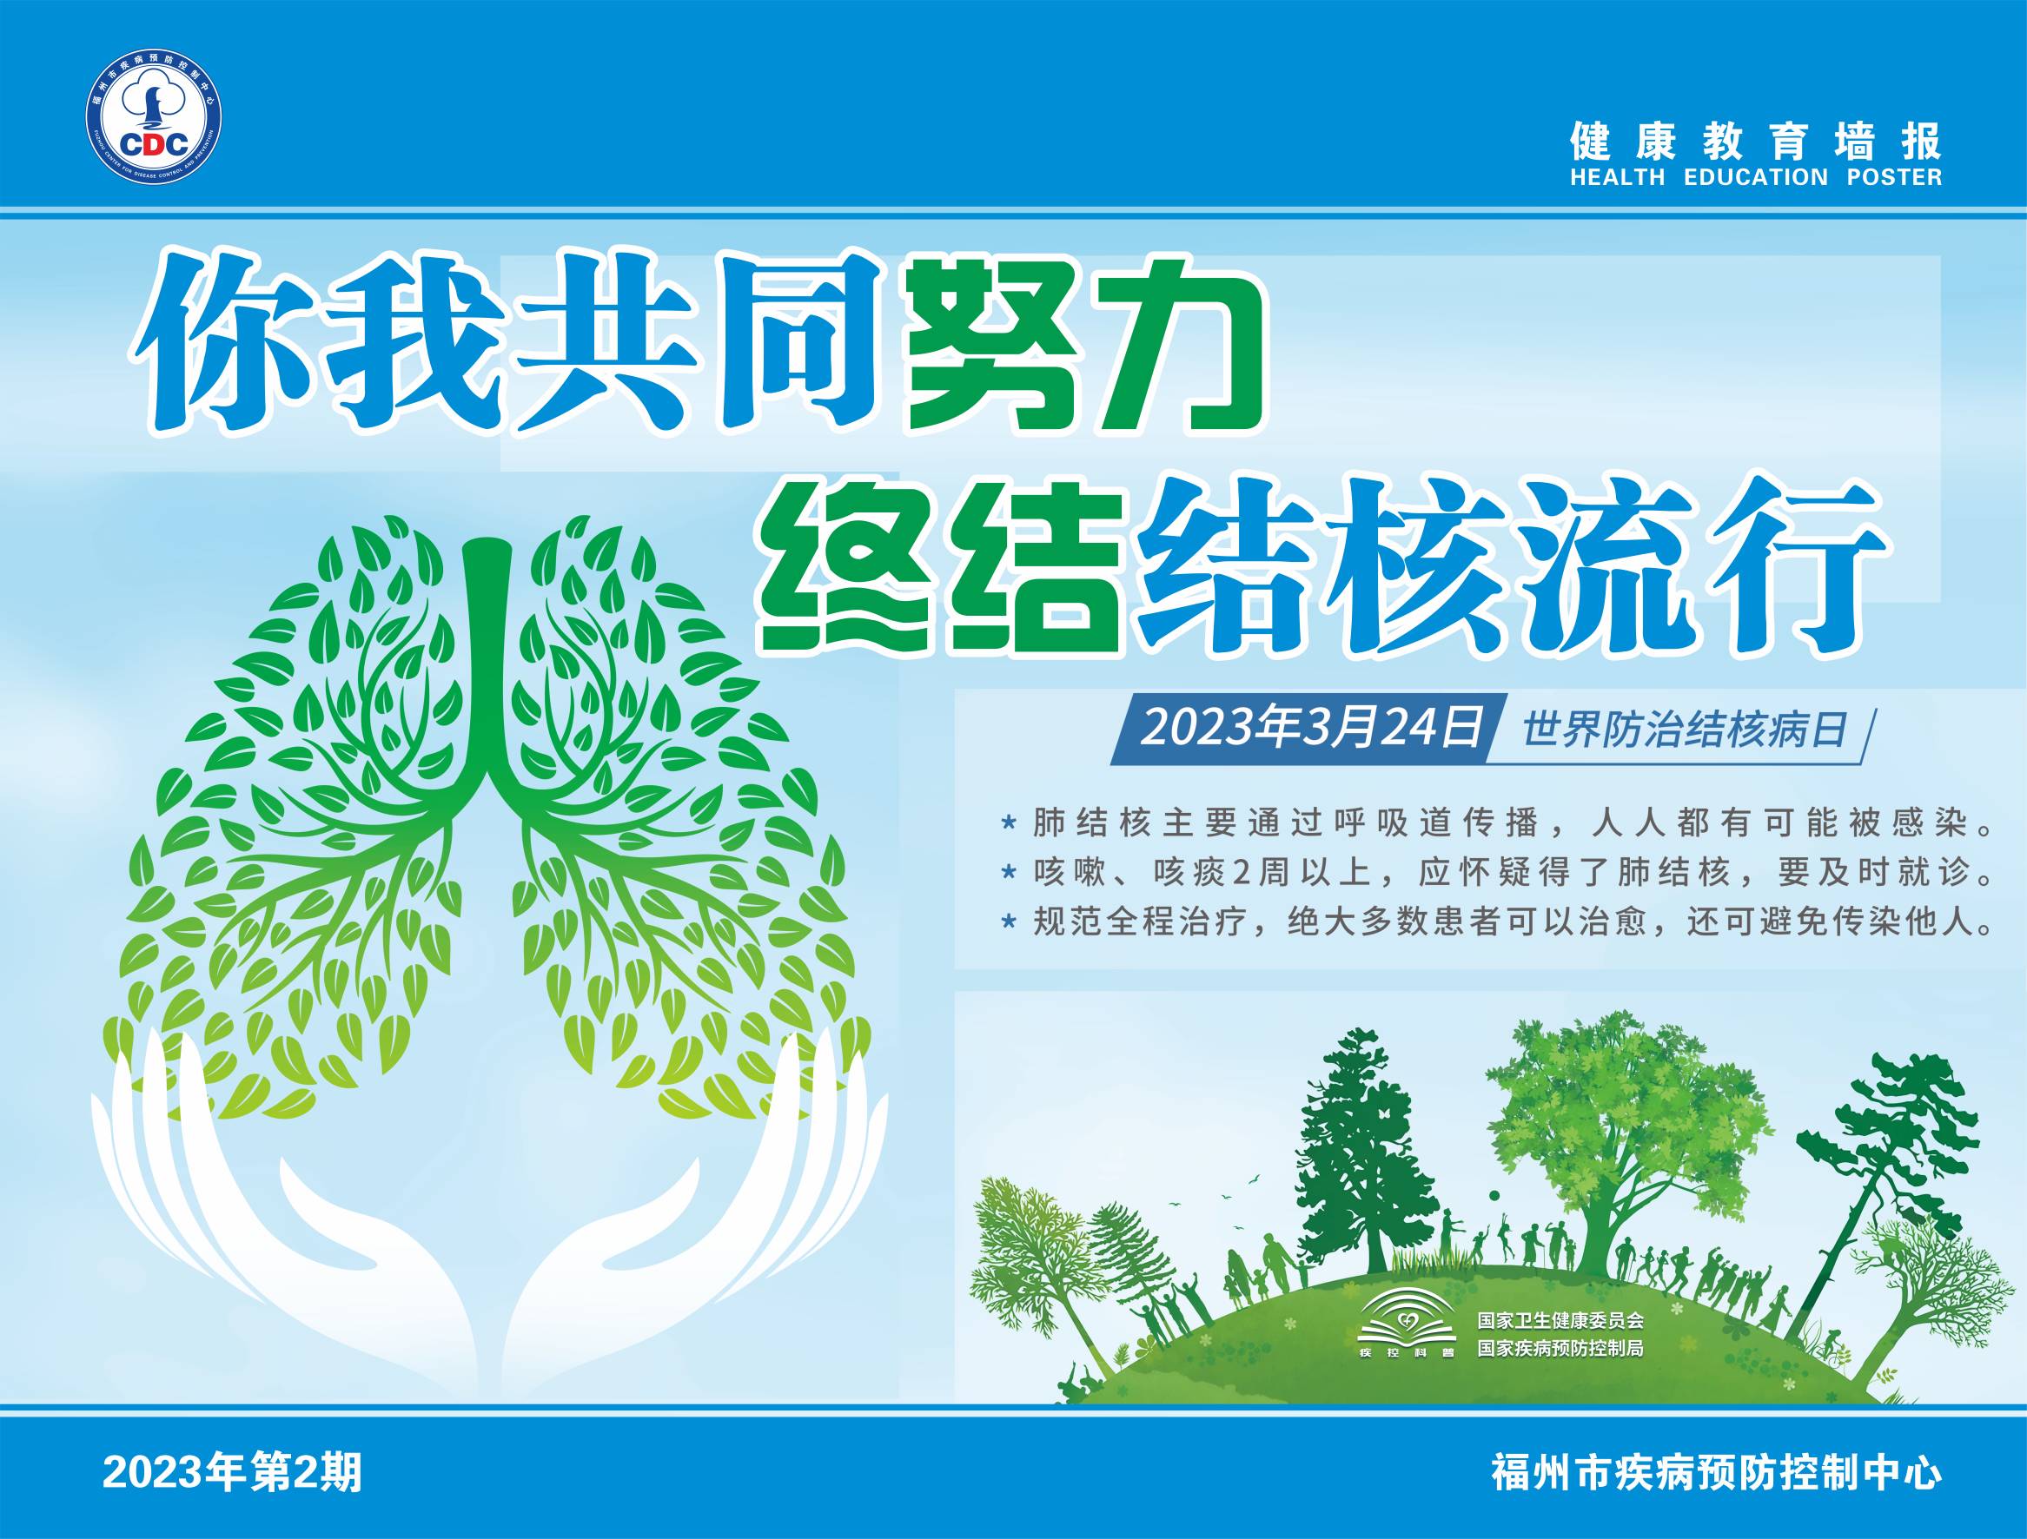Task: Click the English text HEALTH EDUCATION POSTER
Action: (1755, 178)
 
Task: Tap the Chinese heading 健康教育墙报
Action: (1755, 140)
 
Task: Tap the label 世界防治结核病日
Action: (1682, 730)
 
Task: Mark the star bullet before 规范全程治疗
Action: (1009, 921)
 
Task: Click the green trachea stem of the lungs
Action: (487, 669)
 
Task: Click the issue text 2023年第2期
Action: (233, 1473)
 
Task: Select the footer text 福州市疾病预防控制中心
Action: (1716, 1473)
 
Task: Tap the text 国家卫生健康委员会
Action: (1560, 1320)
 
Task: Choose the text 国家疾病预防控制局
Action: (1560, 1349)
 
